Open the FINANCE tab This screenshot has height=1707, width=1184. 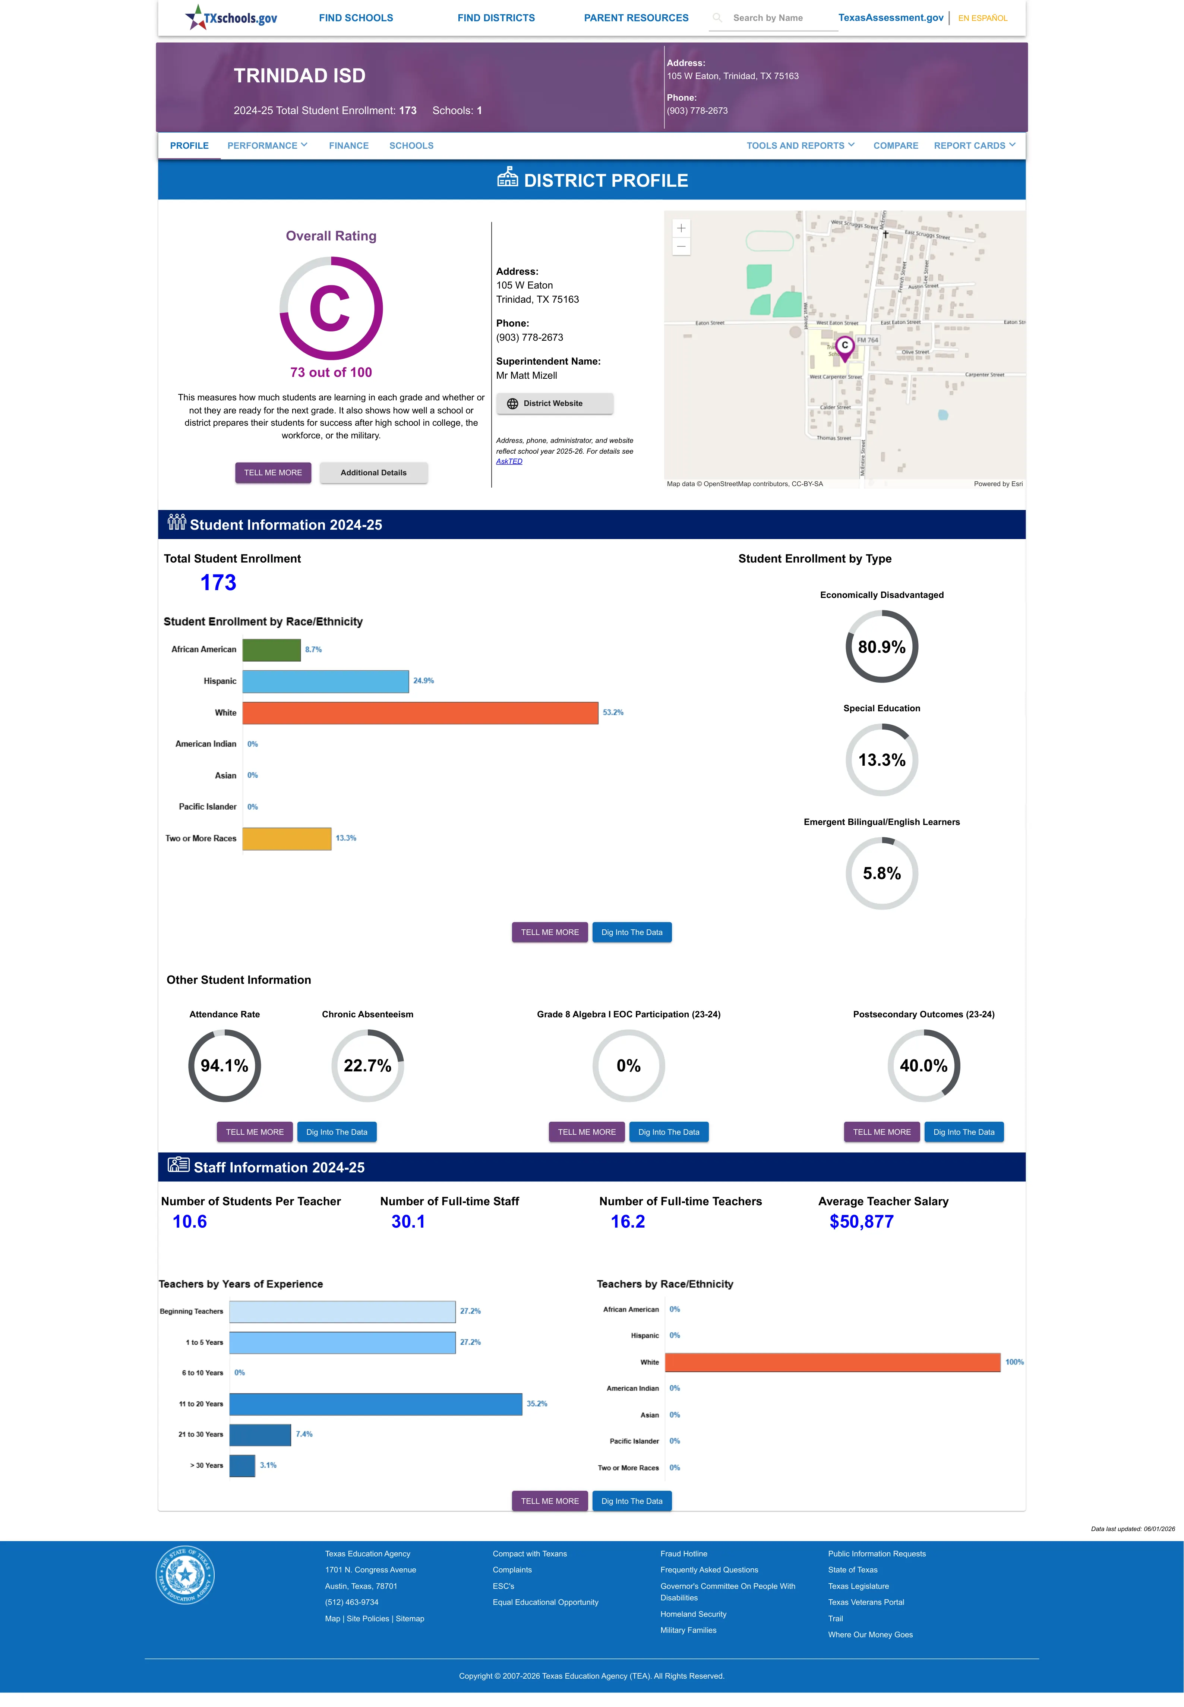coord(349,145)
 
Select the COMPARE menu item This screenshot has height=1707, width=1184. coord(896,145)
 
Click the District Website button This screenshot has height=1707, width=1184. coord(554,404)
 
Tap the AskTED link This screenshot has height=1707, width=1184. coord(509,462)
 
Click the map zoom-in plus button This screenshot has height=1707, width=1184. coord(681,228)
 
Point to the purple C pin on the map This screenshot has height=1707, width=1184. coord(844,347)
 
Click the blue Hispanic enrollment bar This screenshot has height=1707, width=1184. coord(326,681)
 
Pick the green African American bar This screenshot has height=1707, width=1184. coord(272,650)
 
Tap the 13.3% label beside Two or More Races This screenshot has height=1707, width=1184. coord(346,838)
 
